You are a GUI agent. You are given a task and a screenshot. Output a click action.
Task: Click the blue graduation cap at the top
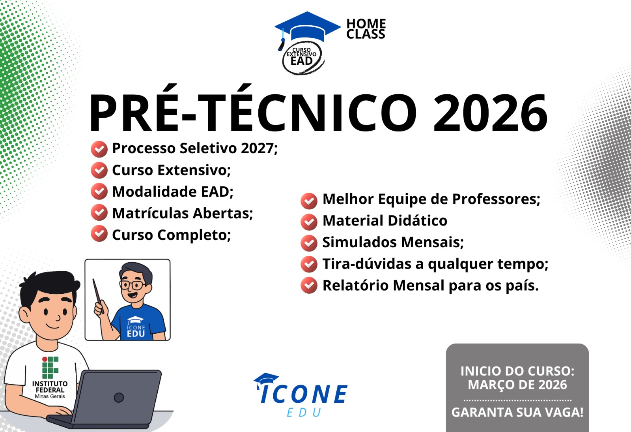307,28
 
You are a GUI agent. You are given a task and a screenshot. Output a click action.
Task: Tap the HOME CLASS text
366,29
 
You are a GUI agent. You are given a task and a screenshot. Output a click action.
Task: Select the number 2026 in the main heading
490,113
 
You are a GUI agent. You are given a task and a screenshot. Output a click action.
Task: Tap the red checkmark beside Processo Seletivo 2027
99,149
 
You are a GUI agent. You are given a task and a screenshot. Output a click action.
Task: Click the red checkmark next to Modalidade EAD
99,192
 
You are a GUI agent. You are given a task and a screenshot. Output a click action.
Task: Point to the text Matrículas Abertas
183,213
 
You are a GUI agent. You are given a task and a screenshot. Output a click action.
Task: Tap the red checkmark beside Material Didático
309,222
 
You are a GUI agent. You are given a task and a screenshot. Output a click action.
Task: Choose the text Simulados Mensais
393,242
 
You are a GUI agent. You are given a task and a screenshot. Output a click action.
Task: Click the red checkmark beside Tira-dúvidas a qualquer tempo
309,264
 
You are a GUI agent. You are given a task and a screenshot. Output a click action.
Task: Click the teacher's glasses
132,285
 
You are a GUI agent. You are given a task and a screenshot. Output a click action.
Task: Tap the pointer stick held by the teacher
98,296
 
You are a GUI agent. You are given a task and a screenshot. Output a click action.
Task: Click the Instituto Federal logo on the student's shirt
50,367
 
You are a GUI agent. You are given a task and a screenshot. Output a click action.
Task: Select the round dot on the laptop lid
119,398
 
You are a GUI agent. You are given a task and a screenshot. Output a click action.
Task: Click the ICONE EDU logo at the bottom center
301,395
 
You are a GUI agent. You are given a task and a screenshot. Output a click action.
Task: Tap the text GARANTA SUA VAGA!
517,412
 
